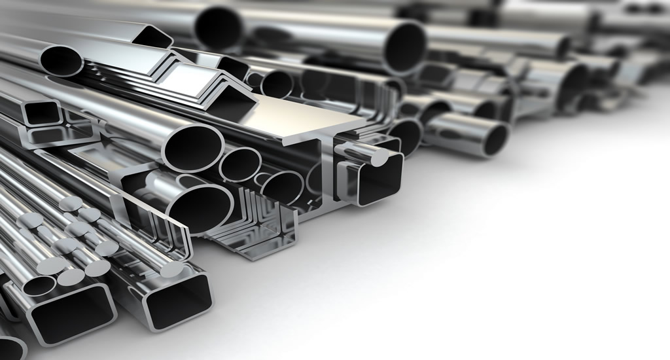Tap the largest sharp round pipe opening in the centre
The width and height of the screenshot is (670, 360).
pyautogui.click(x=193, y=148)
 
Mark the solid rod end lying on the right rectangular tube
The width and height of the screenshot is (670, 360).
pyautogui.click(x=171, y=269)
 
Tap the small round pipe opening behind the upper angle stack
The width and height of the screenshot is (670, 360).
pyautogui.click(x=277, y=84)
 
